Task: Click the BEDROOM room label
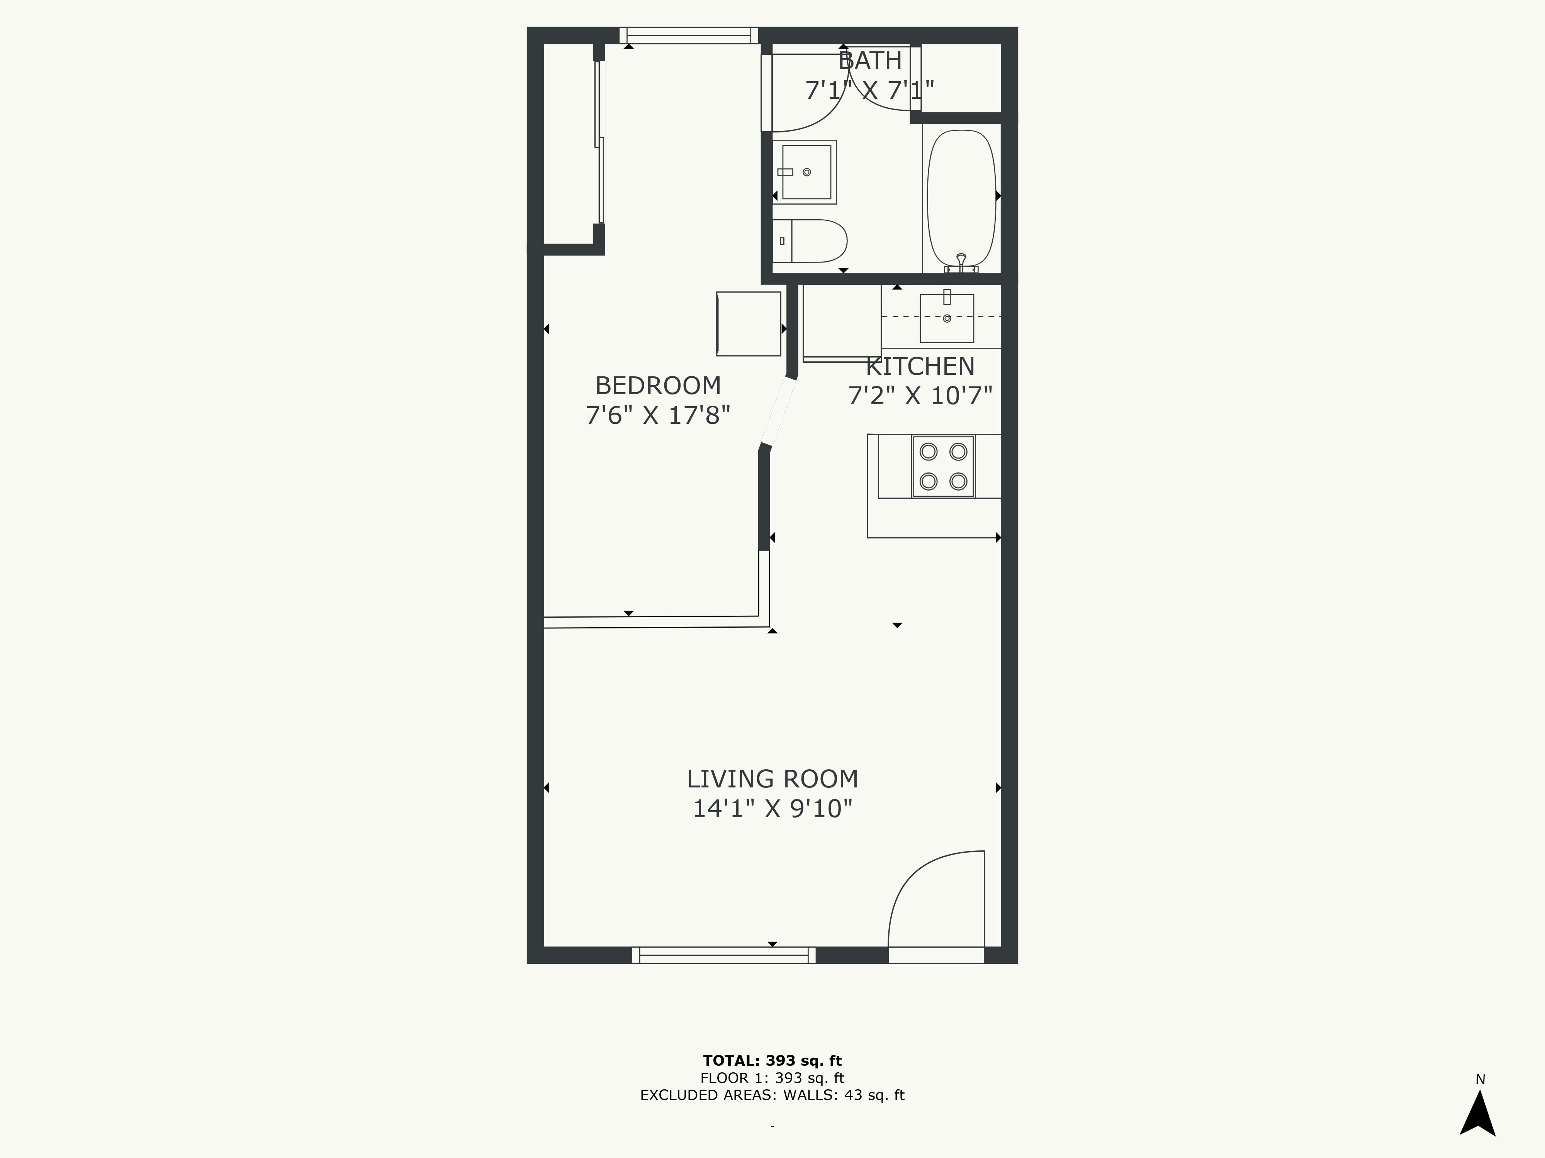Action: click(x=657, y=385)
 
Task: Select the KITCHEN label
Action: click(x=920, y=366)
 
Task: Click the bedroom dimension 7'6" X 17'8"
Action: click(x=657, y=415)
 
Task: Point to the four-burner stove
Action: click(x=943, y=466)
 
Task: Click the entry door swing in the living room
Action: click(x=936, y=901)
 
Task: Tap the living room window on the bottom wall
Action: click(x=723, y=955)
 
